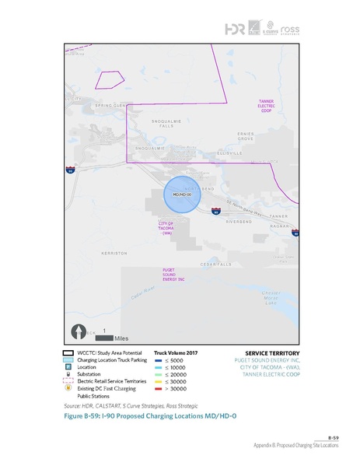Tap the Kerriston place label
point(114,253)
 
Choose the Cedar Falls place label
point(217,265)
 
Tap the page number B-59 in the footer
point(332,439)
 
